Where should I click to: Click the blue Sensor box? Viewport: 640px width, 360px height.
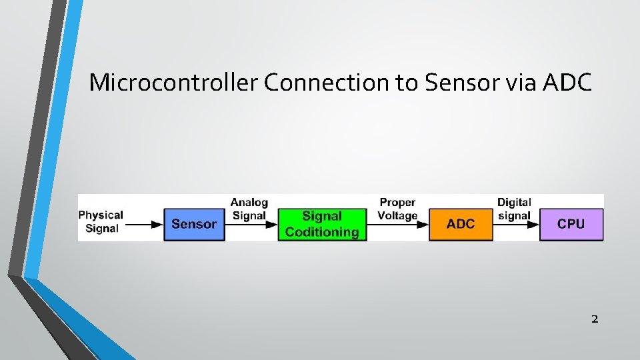pyautogui.click(x=194, y=224)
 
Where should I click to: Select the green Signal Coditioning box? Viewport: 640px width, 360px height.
pyautogui.click(x=322, y=224)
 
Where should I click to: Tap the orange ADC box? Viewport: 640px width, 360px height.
pyautogui.click(x=461, y=224)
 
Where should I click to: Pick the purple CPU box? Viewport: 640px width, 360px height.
pyautogui.click(x=571, y=224)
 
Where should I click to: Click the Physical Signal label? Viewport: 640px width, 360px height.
pyautogui.click(x=101, y=222)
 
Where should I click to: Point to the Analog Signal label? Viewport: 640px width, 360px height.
pyautogui.click(x=249, y=209)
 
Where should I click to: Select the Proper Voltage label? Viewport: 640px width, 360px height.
pyautogui.click(x=397, y=209)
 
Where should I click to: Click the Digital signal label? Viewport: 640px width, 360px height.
pyautogui.click(x=514, y=209)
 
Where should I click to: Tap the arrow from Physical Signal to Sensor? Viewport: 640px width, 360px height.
pyautogui.click(x=144, y=225)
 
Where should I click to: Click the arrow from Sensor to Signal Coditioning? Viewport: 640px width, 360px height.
pyautogui.click(x=251, y=225)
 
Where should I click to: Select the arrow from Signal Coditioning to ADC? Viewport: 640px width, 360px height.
pyautogui.click(x=398, y=225)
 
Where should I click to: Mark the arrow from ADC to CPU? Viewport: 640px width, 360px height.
pyautogui.click(x=517, y=225)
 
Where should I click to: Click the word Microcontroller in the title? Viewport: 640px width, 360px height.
pyautogui.click(x=173, y=83)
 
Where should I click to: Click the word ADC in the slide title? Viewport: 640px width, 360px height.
pyautogui.click(x=567, y=83)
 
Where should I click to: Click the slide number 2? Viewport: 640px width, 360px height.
pyautogui.click(x=595, y=319)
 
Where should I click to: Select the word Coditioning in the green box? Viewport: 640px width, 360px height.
pyautogui.click(x=322, y=232)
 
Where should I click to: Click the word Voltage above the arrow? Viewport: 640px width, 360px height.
pyautogui.click(x=397, y=215)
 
